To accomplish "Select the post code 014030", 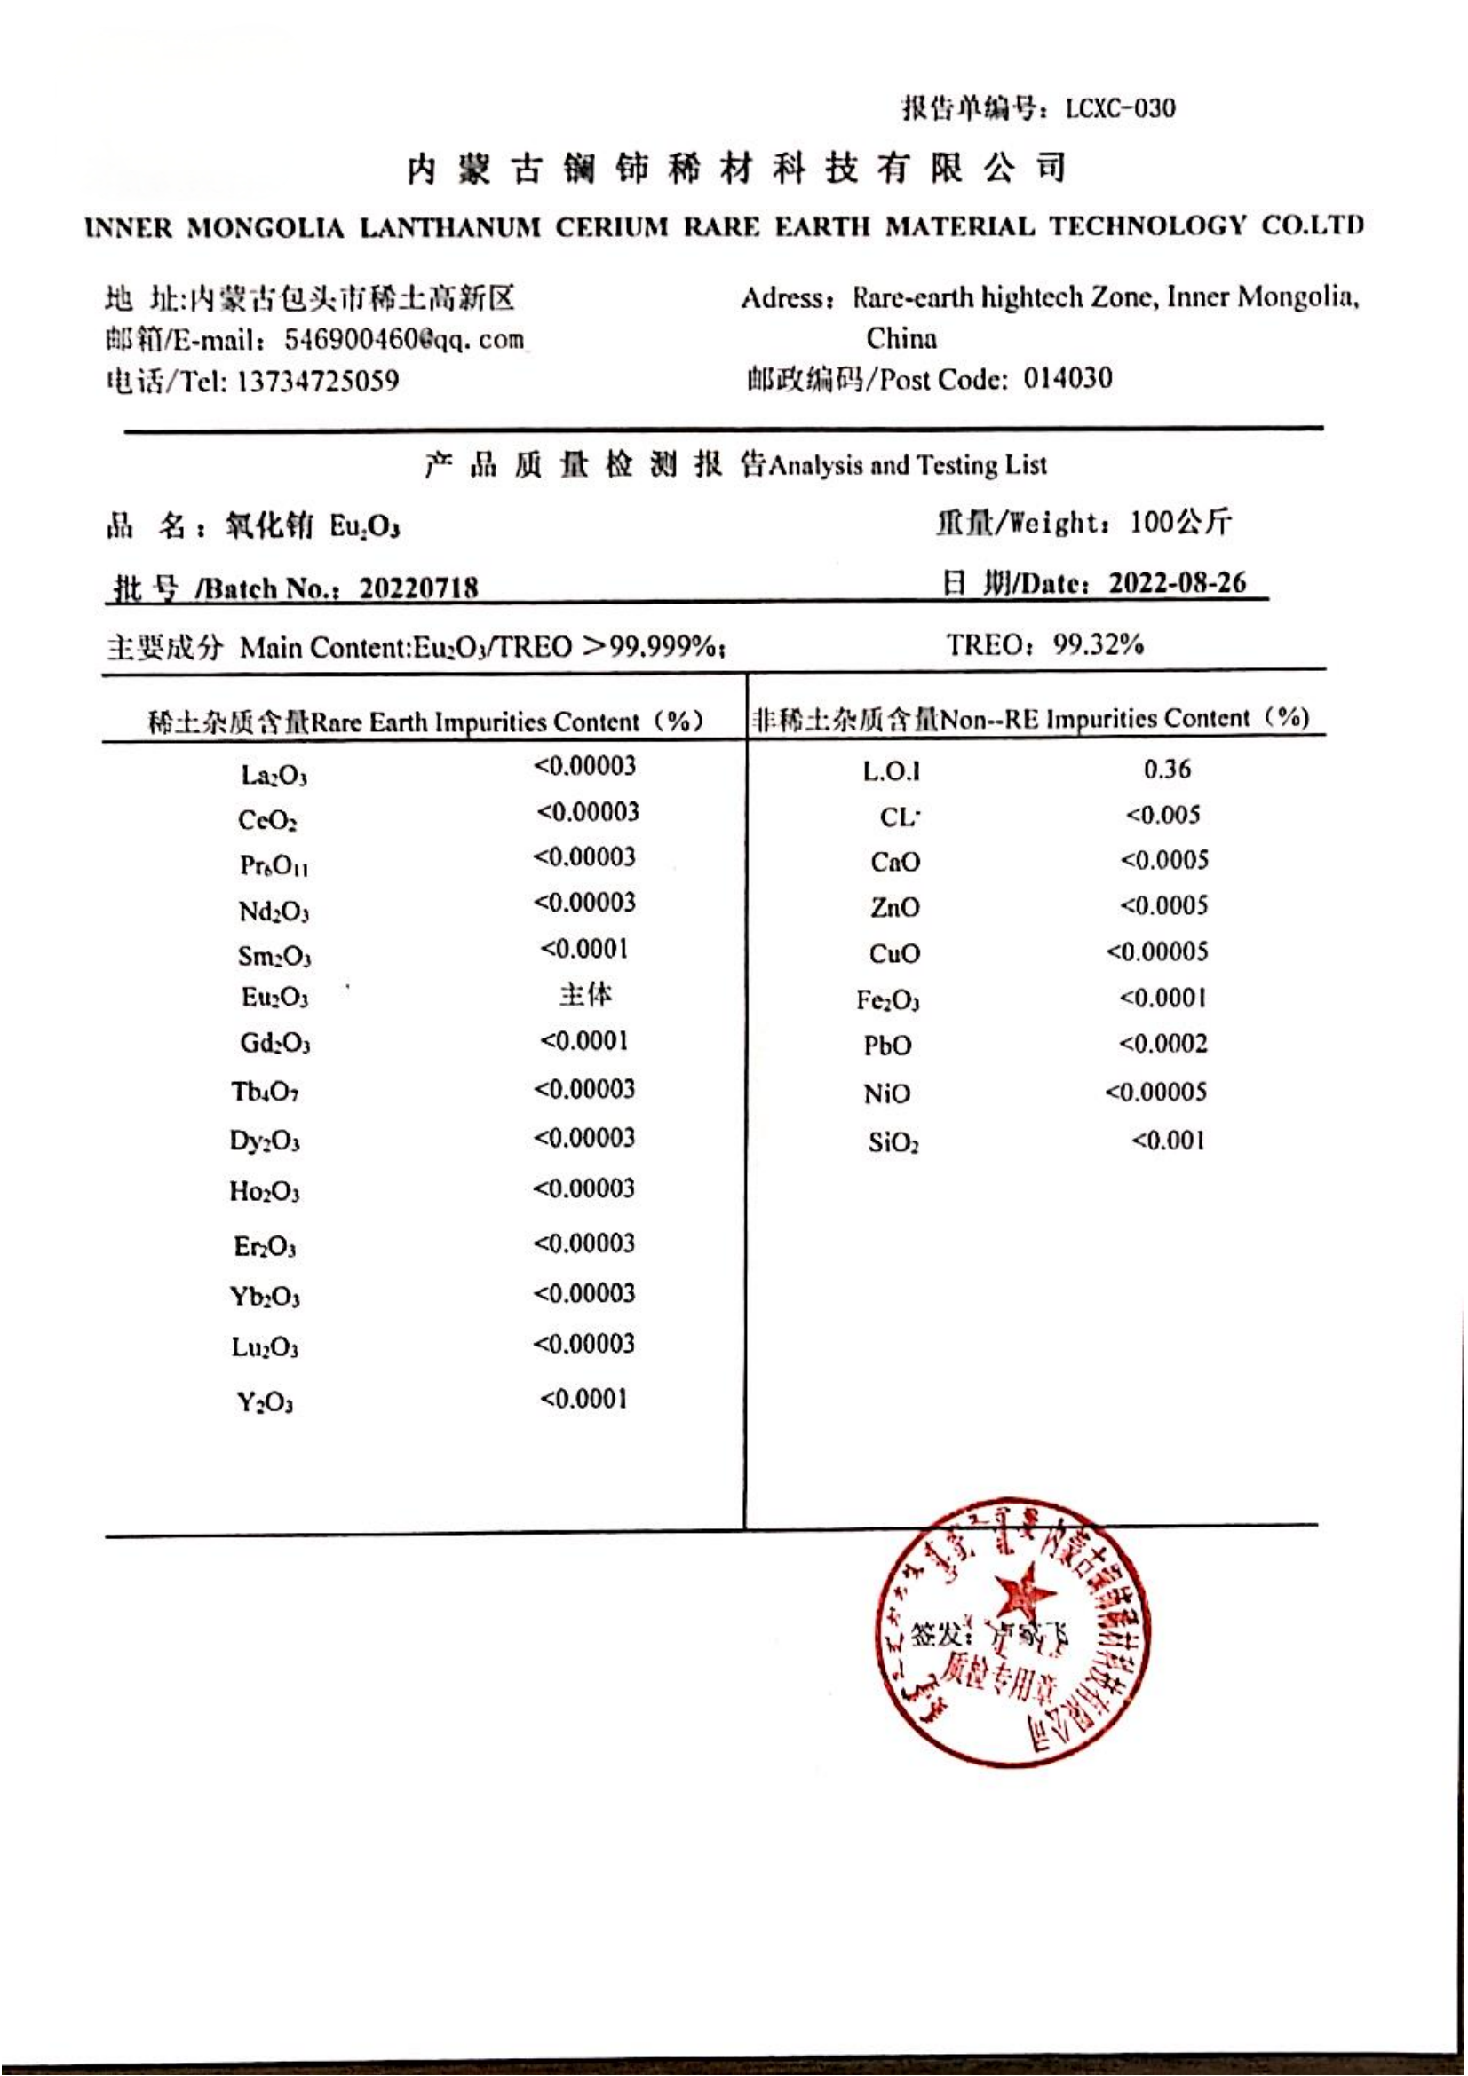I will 1067,378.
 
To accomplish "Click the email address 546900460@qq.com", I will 403,339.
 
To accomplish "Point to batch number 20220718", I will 418,588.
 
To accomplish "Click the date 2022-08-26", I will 1177,582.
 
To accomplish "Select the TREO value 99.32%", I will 1097,644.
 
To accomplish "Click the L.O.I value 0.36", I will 1167,769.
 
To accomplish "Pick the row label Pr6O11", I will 274,865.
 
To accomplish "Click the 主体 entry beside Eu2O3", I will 585,995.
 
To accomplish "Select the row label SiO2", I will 893,1143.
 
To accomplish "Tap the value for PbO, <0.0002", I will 1162,1044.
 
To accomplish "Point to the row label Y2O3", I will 265,1402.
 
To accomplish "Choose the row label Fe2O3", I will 887,1000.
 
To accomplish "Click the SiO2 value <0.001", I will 1168,1141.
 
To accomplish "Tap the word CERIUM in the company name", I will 611,226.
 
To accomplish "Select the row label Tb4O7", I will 264,1093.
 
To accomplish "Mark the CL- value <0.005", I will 1162,815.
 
